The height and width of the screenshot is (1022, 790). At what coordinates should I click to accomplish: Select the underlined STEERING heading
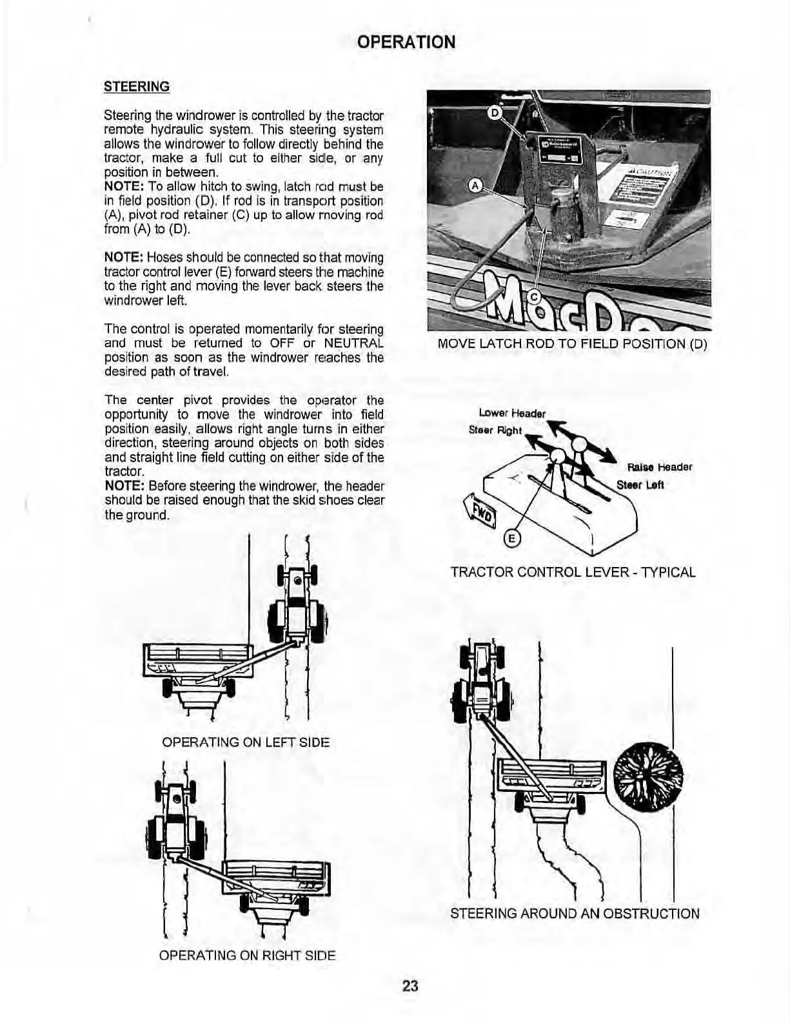137,86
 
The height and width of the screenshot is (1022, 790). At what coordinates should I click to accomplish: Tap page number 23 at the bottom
410,985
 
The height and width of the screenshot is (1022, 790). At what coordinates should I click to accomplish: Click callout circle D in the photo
495,113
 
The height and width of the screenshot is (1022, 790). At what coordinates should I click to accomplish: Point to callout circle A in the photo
475,186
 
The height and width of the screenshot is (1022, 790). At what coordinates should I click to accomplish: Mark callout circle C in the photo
533,296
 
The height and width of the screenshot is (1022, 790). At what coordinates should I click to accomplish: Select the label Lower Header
512,413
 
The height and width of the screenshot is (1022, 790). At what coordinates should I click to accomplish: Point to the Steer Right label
495,430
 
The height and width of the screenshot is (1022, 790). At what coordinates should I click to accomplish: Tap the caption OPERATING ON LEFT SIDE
246,742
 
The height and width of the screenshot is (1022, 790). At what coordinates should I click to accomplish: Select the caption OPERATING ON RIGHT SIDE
247,955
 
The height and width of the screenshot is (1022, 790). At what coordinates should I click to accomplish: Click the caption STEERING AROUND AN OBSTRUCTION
574,913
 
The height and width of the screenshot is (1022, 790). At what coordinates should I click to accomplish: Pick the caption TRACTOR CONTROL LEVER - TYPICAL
573,572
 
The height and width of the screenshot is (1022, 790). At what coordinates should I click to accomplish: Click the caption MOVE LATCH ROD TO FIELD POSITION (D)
572,343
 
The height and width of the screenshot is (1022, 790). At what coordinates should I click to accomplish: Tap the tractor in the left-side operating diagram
297,609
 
